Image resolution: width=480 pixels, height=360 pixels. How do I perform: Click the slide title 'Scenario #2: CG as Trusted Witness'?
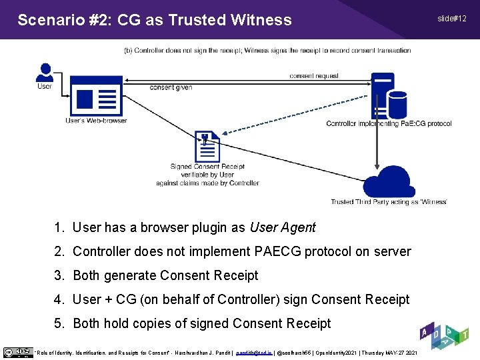coord(154,20)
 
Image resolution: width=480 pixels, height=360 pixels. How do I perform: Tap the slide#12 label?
coord(452,18)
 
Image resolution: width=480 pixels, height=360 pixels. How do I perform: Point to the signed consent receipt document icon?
coord(207,147)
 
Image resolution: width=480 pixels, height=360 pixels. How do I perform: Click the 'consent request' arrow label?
coord(314,76)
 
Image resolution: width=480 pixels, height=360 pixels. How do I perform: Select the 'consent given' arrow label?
coord(171,87)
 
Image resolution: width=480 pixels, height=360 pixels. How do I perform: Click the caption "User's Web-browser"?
coord(96,121)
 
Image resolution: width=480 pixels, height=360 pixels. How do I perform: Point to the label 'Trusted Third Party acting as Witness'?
coord(389,202)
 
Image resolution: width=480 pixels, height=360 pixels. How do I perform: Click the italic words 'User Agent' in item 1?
coord(282,227)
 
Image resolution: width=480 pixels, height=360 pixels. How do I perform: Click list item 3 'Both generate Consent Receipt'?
coord(165,275)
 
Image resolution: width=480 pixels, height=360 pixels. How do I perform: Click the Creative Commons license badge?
coord(18,352)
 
